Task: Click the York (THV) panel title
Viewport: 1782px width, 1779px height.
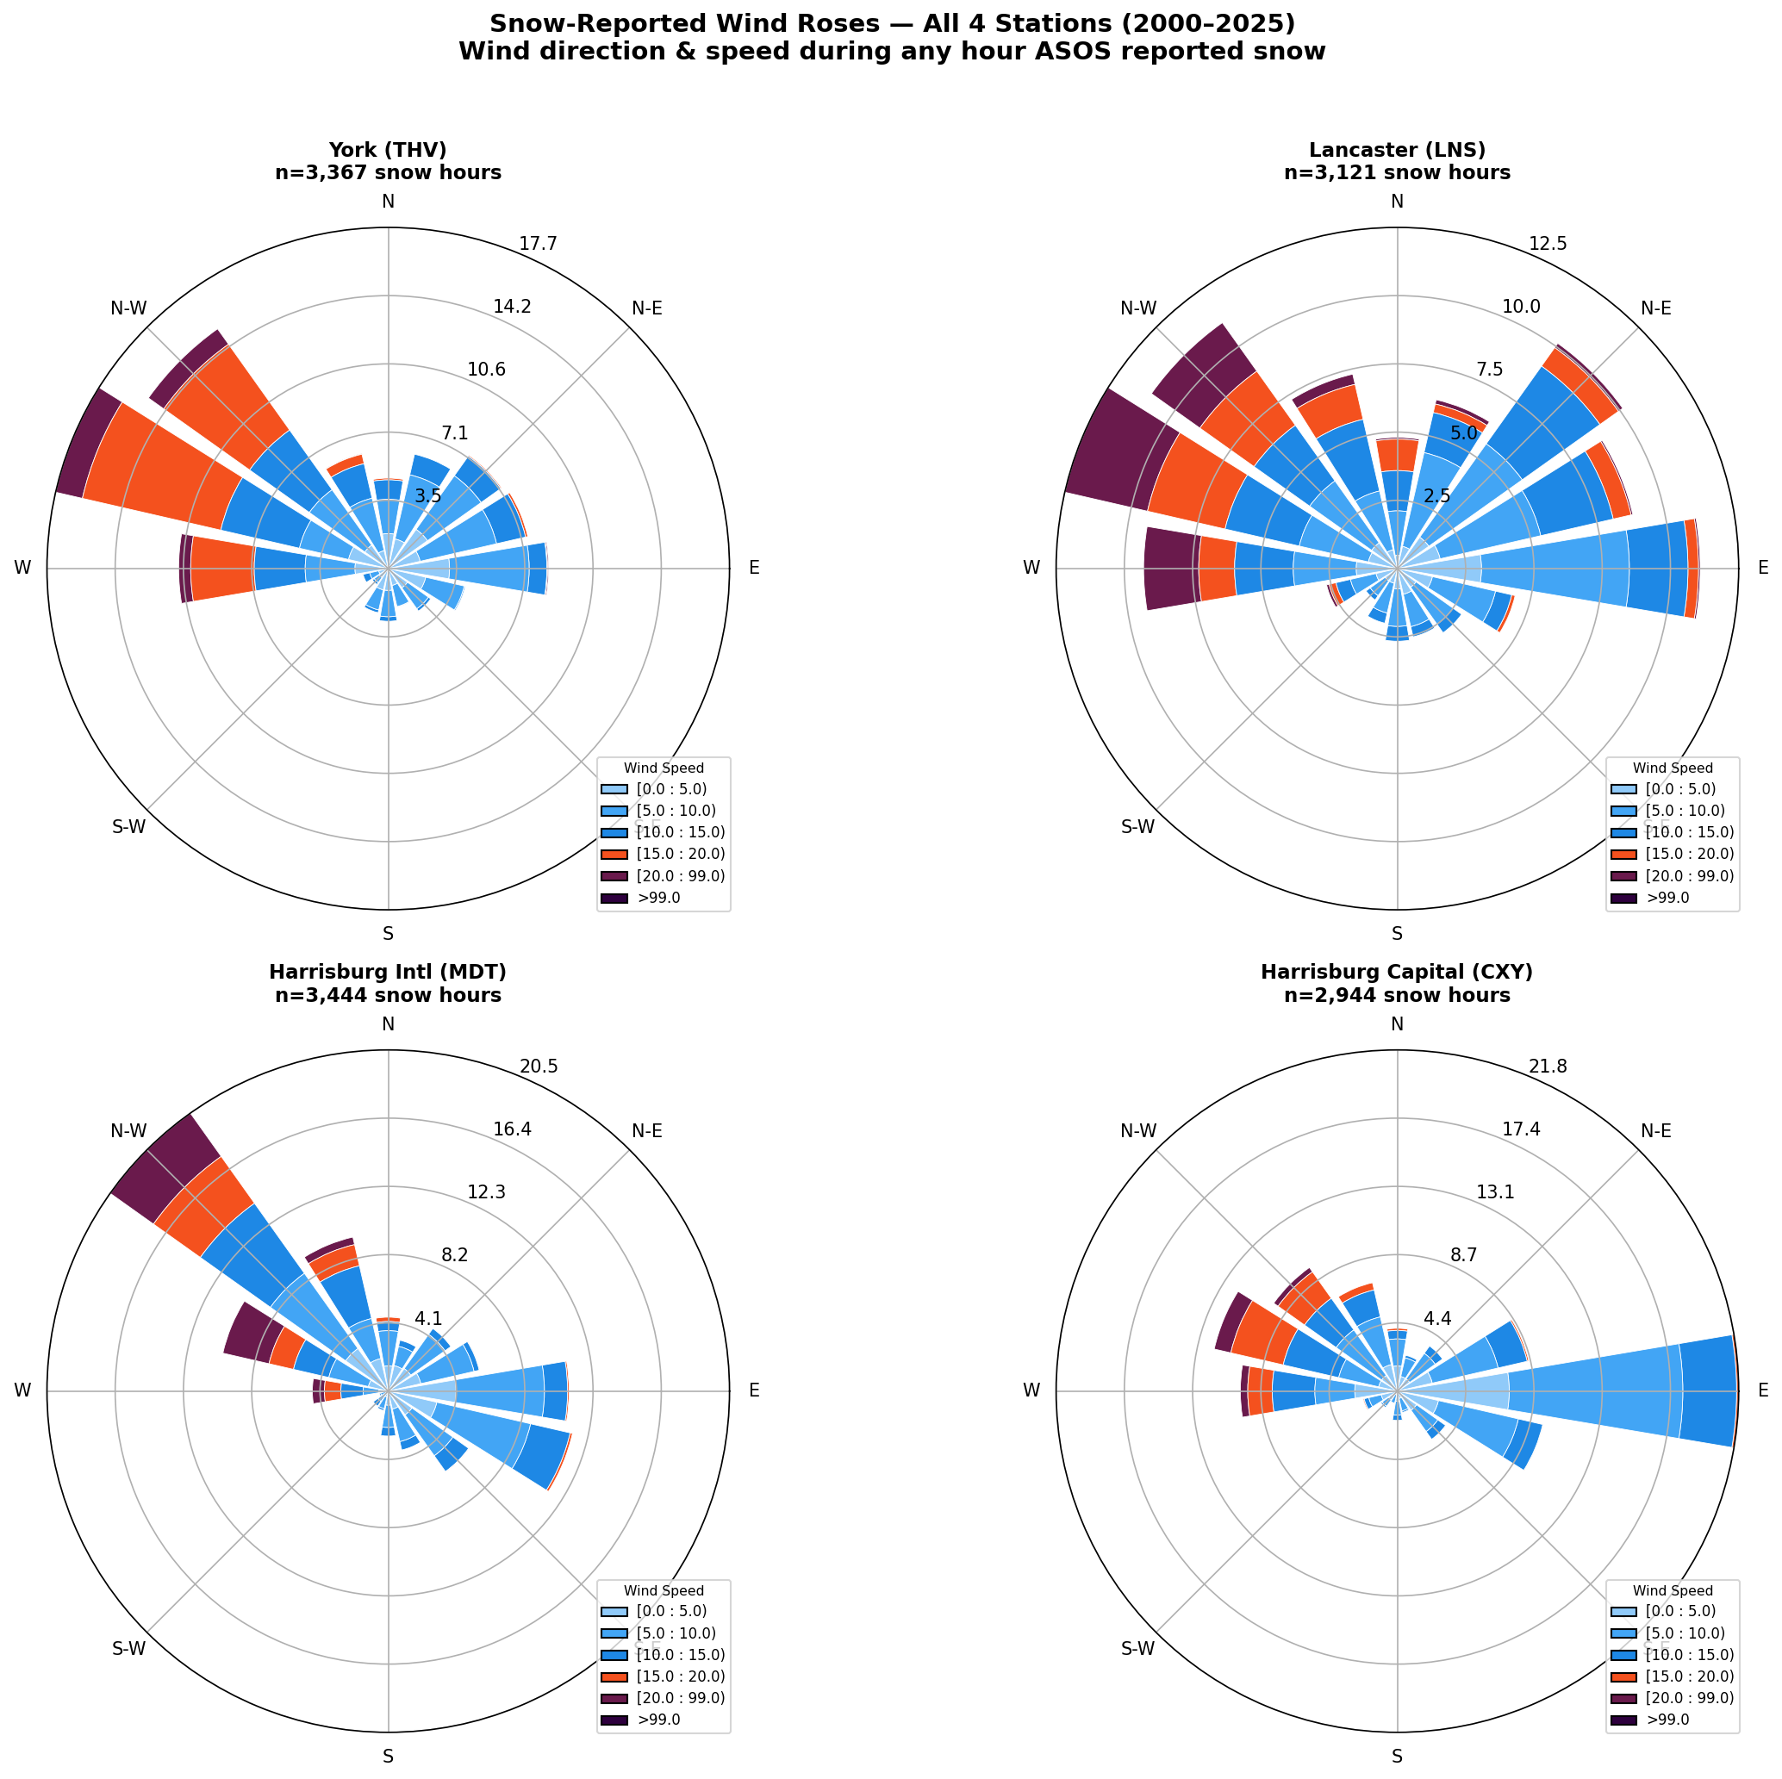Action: click(x=388, y=160)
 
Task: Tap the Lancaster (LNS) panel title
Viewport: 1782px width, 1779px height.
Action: click(x=1397, y=160)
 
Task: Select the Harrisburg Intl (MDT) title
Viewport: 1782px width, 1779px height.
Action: click(x=388, y=983)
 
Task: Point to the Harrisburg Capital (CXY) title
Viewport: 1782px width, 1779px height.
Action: click(x=1397, y=983)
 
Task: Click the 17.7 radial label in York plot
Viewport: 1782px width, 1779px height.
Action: click(x=538, y=245)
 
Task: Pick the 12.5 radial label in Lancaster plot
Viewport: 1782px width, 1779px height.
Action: click(x=1547, y=245)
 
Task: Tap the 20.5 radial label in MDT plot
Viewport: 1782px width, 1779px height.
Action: click(x=538, y=1067)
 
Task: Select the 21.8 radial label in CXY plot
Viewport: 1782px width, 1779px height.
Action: click(x=1547, y=1067)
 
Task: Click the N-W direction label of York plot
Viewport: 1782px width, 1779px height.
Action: click(x=128, y=309)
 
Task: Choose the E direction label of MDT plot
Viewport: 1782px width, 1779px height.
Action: click(x=755, y=1390)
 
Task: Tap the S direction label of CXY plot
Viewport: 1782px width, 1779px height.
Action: click(x=1397, y=1757)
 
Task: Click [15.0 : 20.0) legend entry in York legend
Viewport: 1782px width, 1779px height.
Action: click(x=664, y=854)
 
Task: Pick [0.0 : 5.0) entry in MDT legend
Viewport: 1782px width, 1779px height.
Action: click(x=664, y=1611)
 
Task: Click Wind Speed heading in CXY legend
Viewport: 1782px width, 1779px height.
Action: click(x=1673, y=1591)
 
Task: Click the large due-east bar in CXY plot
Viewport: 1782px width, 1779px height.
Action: click(x=1623, y=1390)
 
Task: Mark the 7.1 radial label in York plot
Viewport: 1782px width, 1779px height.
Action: click(x=455, y=433)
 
